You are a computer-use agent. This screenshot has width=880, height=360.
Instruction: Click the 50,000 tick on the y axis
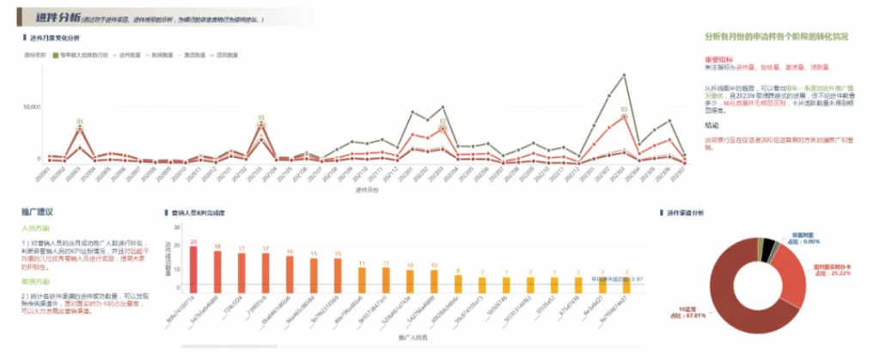tap(31, 107)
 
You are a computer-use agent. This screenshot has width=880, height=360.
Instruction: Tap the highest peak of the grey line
tap(624, 76)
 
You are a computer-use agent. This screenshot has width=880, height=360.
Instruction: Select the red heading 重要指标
tap(718, 58)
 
